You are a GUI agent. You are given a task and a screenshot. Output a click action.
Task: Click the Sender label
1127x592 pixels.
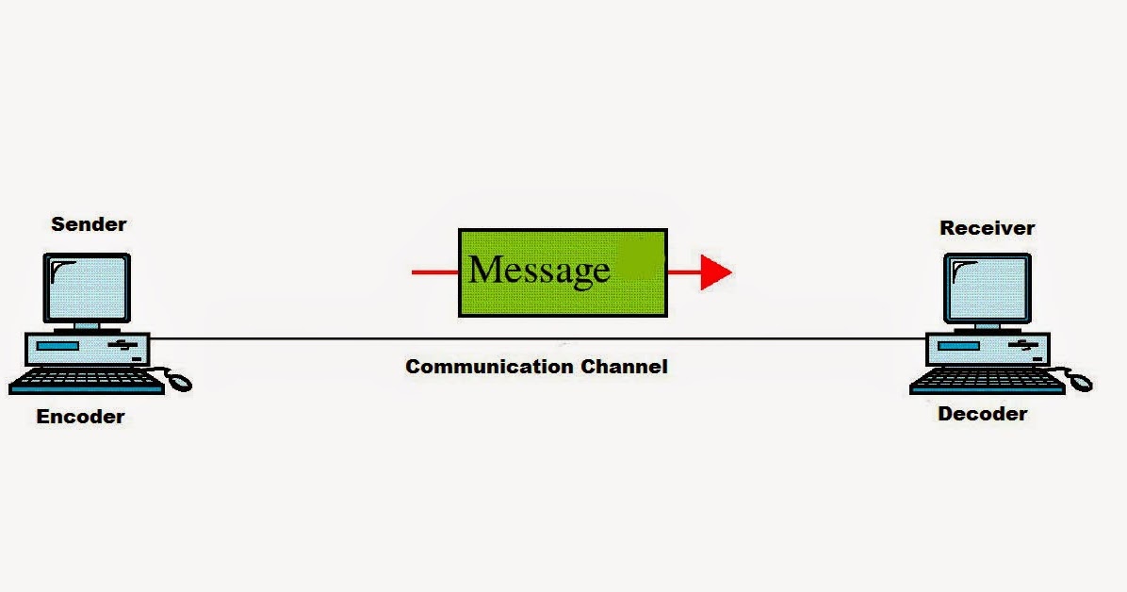pos(89,224)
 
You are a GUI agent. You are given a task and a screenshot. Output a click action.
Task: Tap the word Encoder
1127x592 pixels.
pos(80,417)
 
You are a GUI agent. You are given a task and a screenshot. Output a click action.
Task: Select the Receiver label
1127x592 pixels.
pos(987,228)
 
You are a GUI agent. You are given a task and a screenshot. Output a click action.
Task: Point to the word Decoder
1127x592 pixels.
pos(982,414)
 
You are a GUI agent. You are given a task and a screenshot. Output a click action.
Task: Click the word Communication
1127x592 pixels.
pos(489,366)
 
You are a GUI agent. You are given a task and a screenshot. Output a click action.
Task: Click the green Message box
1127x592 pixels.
pos(563,271)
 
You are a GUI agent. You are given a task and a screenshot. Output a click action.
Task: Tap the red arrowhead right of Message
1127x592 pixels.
pos(716,272)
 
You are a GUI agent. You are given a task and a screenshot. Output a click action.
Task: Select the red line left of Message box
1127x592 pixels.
pos(434,272)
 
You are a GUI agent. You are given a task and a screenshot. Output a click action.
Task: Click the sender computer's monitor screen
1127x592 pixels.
pos(88,287)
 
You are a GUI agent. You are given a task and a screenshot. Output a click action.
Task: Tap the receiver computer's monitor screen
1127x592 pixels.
pos(988,288)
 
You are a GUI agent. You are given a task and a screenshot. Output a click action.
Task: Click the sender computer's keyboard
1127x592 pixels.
pos(87,381)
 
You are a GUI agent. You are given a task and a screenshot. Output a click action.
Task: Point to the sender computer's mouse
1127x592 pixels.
pos(179,382)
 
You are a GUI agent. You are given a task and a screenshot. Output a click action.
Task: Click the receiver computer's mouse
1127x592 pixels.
pos(1080,382)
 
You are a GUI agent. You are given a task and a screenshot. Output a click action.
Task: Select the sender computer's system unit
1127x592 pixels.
pos(88,350)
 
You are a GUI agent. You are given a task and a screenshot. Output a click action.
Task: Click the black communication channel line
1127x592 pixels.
pos(537,338)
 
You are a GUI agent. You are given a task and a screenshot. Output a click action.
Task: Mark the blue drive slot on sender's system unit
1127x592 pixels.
pos(58,347)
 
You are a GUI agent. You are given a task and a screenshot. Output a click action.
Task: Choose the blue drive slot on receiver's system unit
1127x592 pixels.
pos(958,347)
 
